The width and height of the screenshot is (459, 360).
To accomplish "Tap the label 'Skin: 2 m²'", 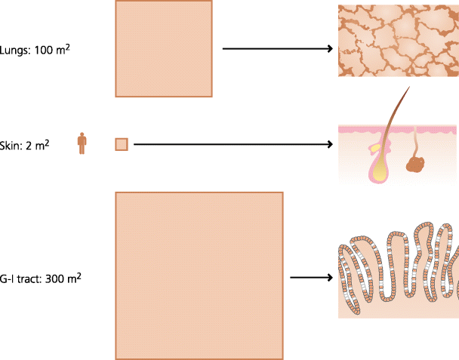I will pyautogui.click(x=25, y=144).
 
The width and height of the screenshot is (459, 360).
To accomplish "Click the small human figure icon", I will pyautogui.click(x=82, y=143).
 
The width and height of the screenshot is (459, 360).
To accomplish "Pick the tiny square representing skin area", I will pyautogui.click(x=121, y=144).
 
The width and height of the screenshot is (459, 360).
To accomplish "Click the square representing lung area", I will pyautogui.click(x=164, y=48).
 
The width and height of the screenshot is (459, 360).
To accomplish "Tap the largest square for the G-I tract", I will pyautogui.click(x=199, y=275).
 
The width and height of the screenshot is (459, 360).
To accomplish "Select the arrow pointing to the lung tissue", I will pyautogui.click(x=278, y=50).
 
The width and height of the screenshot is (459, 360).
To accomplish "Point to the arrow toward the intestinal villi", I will pyautogui.click(x=311, y=278).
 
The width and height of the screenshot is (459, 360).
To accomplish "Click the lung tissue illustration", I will pyautogui.click(x=397, y=41).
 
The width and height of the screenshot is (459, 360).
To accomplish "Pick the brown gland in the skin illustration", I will pyautogui.click(x=417, y=163).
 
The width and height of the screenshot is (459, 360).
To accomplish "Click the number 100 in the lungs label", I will pyautogui.click(x=44, y=51).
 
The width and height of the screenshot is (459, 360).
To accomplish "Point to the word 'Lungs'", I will pyautogui.click(x=15, y=51).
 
